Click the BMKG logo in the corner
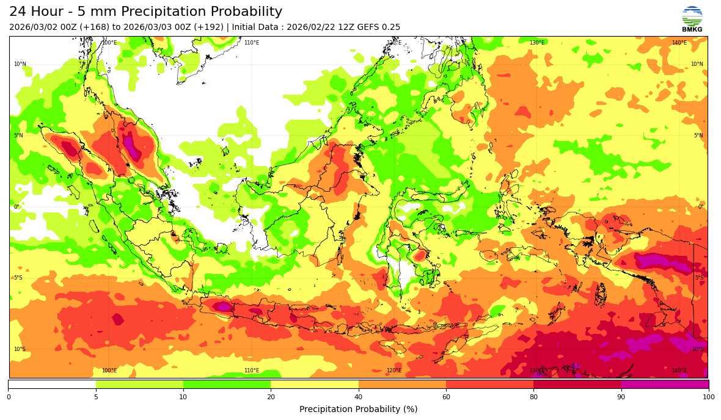point(692,18)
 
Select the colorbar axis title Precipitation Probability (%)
point(358,409)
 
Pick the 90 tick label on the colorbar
point(621,397)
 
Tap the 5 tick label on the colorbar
point(96,397)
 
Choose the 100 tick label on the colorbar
point(708,397)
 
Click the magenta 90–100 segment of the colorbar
point(665,385)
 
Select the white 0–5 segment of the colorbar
point(52,385)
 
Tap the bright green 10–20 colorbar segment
point(227,385)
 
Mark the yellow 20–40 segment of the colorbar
point(315,385)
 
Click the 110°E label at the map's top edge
point(252,43)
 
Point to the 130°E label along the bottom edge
point(536,371)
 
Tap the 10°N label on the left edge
point(20,64)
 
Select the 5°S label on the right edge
point(699,278)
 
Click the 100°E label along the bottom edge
point(109,371)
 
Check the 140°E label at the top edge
point(679,43)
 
